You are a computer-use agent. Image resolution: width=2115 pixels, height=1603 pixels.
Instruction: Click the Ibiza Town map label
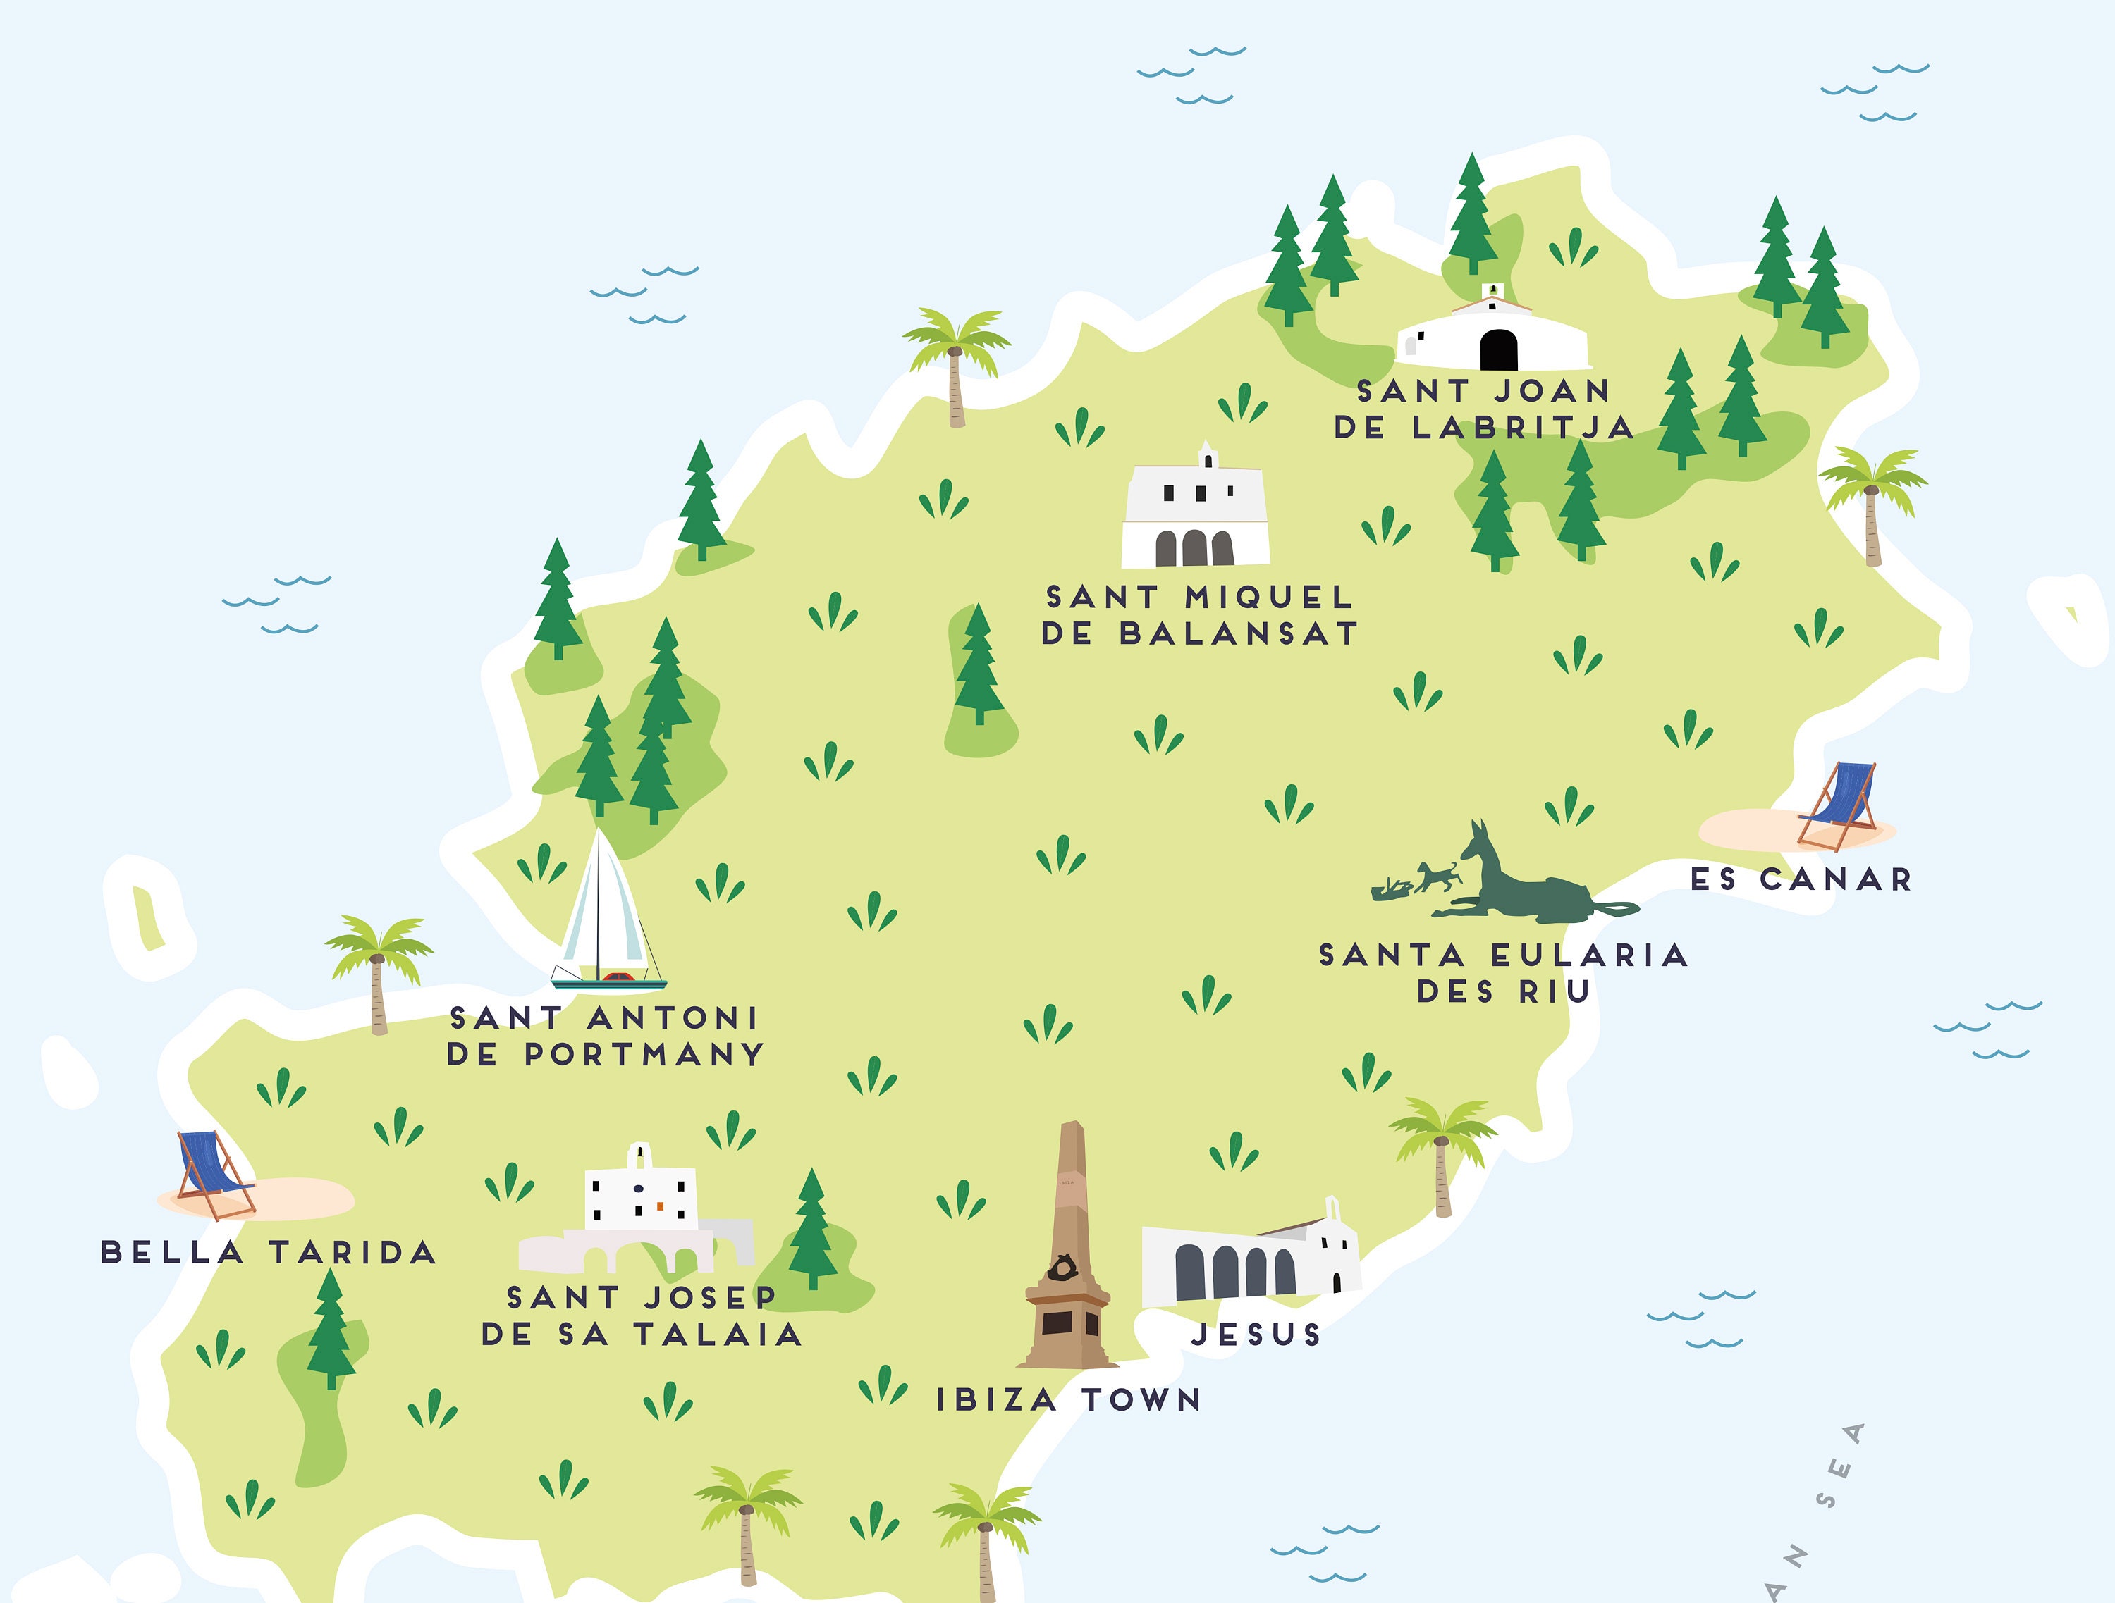tap(1068, 1399)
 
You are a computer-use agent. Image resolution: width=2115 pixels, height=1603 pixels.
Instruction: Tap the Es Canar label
tap(1801, 879)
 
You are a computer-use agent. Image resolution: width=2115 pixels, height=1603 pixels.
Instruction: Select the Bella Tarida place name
tap(269, 1252)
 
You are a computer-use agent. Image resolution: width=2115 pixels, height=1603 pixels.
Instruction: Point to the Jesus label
tap(1256, 1335)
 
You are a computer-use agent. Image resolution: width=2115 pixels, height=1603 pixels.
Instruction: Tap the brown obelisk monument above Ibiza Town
tap(1069, 1252)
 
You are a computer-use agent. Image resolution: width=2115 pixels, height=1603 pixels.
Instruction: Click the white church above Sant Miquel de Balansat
tap(1195, 512)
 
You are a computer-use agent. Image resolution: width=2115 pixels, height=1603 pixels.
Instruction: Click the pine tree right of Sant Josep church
tap(811, 1228)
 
